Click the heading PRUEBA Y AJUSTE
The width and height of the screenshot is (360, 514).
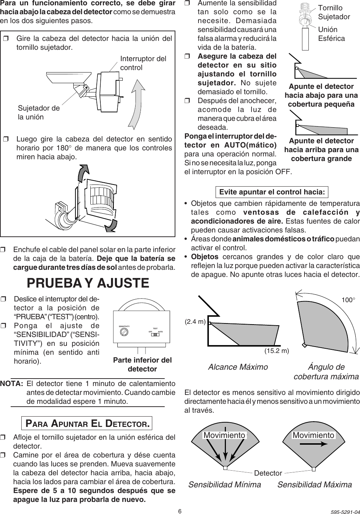[88, 283]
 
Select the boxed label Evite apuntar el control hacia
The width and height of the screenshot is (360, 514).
[272, 192]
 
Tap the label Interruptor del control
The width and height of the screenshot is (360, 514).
[143, 63]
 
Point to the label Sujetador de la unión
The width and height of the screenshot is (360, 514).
[39, 112]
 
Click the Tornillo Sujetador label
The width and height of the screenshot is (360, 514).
[334, 12]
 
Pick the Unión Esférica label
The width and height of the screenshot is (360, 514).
[331, 34]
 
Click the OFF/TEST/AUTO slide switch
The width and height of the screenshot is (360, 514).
[155, 334]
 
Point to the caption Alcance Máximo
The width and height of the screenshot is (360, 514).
[238, 367]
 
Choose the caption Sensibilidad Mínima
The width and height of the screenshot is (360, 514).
[224, 484]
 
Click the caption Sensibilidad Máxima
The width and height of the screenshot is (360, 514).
[314, 484]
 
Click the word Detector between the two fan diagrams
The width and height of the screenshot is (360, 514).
[268, 473]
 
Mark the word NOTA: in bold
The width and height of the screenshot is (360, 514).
[12, 384]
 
